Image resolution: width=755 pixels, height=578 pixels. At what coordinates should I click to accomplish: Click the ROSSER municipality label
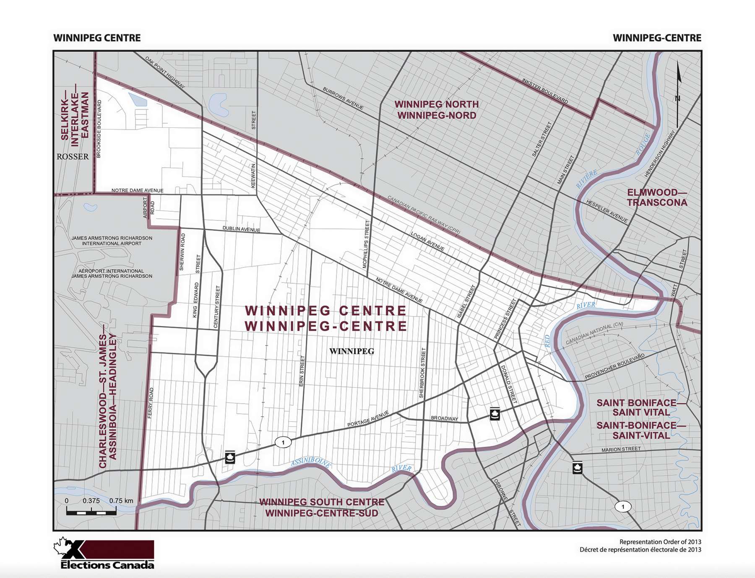(73, 157)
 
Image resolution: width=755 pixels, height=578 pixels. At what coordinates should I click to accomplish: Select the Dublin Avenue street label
(241, 229)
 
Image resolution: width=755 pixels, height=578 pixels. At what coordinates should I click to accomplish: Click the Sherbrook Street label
(422, 373)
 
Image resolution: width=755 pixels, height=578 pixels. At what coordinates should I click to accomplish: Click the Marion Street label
(621, 449)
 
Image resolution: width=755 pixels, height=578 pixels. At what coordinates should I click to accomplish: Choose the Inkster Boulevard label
(545, 91)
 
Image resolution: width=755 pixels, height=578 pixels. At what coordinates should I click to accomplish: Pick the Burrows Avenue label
(343, 98)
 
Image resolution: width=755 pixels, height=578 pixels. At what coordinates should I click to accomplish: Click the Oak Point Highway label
(165, 72)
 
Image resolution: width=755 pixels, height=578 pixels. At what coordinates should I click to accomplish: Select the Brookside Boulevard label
(99, 129)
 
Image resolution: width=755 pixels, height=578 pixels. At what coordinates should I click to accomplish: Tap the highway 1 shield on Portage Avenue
(284, 442)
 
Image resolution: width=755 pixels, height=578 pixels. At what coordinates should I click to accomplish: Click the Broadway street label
(445, 418)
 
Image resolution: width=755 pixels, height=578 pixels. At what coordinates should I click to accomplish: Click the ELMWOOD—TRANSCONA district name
(657, 197)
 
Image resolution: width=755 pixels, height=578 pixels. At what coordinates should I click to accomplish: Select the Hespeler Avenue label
(607, 211)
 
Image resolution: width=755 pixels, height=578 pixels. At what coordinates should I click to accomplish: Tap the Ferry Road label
(151, 402)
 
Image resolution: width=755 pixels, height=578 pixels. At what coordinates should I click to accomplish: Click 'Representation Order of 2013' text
(660, 542)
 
